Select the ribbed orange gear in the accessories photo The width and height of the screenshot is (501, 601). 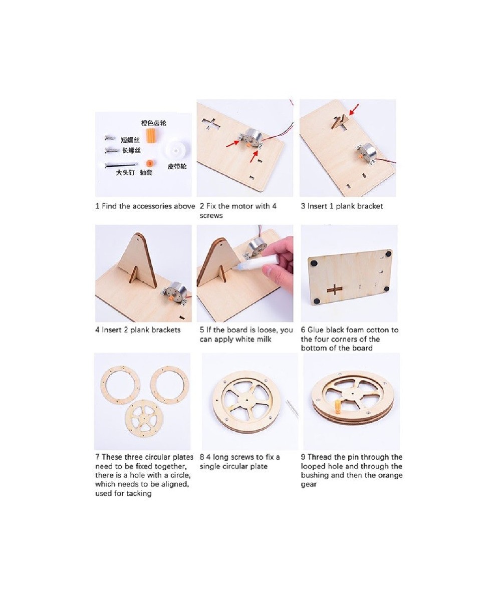pos(151,135)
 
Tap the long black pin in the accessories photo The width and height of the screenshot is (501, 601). pos(120,165)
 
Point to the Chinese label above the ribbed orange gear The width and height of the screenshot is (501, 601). pos(153,123)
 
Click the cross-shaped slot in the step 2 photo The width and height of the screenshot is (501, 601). pos(211,124)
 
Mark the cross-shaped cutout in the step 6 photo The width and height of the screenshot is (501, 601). pos(335,289)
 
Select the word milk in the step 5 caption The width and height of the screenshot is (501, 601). pos(265,340)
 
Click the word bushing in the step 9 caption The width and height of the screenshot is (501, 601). pos(315,475)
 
